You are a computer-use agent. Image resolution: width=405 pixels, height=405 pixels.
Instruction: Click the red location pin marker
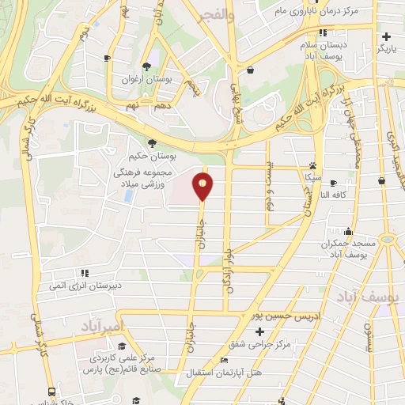[x=204, y=187]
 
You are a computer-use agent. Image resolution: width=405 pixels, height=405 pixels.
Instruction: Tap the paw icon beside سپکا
[x=313, y=166]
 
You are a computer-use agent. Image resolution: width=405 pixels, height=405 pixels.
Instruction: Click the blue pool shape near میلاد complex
[x=127, y=195]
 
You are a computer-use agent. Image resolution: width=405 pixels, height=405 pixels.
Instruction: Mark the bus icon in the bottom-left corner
[x=51, y=392]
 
